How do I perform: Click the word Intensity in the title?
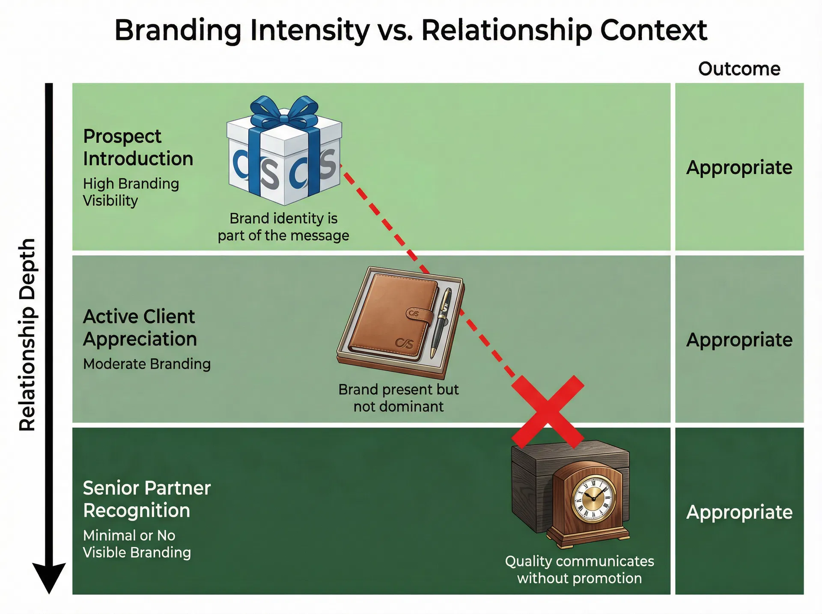[x=309, y=31]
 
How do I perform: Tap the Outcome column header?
[x=739, y=69]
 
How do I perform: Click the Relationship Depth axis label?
[x=27, y=334]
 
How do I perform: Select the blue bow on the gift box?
[x=284, y=110]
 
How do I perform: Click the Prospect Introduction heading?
[x=138, y=147]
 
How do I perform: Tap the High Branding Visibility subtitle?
[x=131, y=192]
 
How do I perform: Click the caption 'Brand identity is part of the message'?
[x=283, y=227]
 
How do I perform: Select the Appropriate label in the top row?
[x=739, y=167]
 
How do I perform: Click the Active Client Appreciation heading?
[x=140, y=328]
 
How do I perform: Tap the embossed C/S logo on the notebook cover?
[x=404, y=343]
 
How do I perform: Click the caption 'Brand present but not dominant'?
[x=398, y=398]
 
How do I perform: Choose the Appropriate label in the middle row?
[x=739, y=340]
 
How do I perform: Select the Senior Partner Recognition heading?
[x=146, y=499]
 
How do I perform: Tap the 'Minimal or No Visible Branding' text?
[x=137, y=544]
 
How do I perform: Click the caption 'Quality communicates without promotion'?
[x=579, y=569]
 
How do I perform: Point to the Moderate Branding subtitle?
[x=146, y=364]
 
